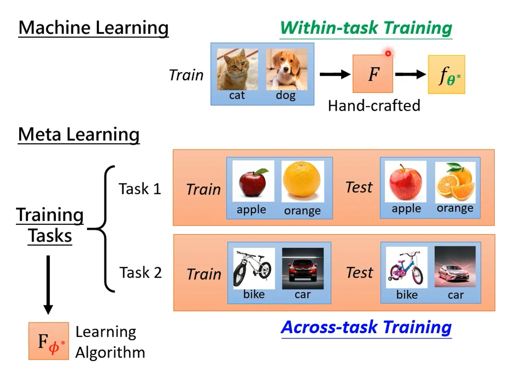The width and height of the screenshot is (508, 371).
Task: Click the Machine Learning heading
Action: tap(93, 28)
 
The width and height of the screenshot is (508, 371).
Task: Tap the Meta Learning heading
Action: tap(79, 134)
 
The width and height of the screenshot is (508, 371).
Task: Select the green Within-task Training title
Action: tap(366, 28)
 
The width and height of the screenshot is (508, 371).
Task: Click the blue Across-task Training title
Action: tap(366, 327)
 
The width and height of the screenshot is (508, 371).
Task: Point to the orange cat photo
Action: tap(237, 70)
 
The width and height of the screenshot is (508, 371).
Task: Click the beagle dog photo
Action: tap(286, 70)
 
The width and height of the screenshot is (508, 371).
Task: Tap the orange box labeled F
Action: tap(373, 74)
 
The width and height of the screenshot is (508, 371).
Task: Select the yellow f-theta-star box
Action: tap(446, 75)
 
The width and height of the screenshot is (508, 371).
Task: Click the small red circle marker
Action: tap(388, 54)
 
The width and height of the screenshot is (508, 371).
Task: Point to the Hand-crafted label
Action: tap(374, 106)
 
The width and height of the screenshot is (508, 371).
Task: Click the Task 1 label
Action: tap(140, 189)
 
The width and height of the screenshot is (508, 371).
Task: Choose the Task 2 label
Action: tap(140, 273)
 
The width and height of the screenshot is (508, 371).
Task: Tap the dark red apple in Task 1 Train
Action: tap(253, 181)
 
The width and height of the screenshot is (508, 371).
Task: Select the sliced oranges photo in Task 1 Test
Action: tap(455, 182)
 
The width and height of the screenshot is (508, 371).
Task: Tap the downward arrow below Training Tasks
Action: tap(48, 285)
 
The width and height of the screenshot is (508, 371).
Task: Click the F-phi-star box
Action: tap(48, 341)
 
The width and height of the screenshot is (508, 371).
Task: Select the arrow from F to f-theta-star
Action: tap(410, 74)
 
